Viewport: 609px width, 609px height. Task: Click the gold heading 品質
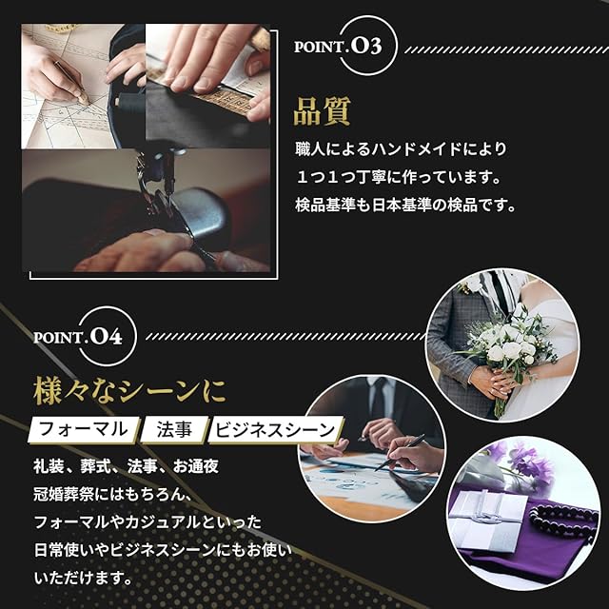(x=322, y=111)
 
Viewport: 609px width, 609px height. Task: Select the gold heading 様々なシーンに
(x=129, y=391)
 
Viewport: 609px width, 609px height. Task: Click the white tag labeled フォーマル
(x=84, y=429)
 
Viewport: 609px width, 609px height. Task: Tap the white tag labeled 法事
(x=174, y=429)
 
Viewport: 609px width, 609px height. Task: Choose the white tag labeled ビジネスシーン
(x=275, y=429)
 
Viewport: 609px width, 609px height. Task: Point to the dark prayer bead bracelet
(x=564, y=520)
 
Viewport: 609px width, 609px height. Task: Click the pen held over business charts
(x=400, y=453)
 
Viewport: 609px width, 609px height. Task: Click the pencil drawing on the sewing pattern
(x=72, y=83)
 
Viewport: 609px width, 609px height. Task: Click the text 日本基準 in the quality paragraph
(x=402, y=206)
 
